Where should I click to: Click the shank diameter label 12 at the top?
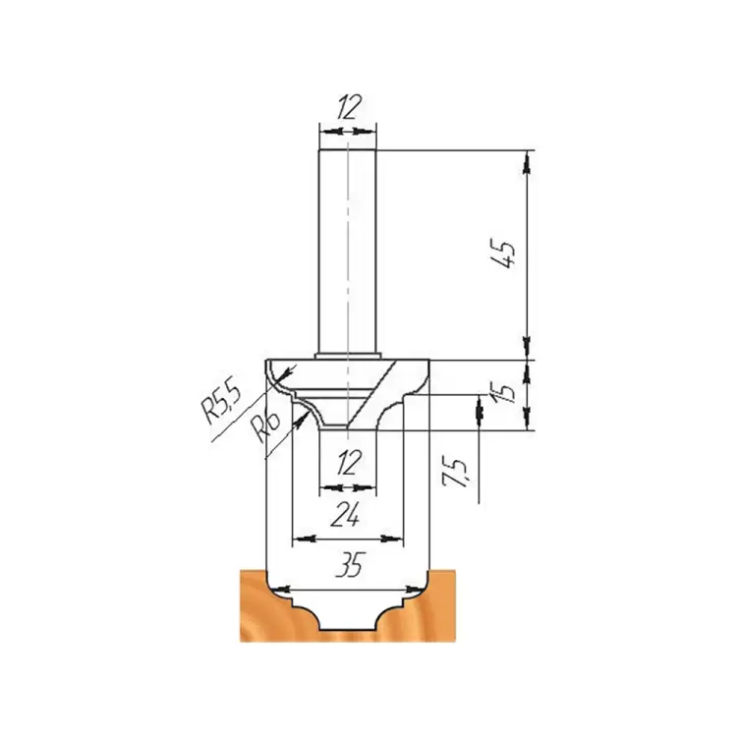349,107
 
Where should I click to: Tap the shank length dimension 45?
506,255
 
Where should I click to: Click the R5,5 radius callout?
220,402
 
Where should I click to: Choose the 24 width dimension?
346,514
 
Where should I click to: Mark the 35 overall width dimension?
351,564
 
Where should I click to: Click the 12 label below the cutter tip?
348,463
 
